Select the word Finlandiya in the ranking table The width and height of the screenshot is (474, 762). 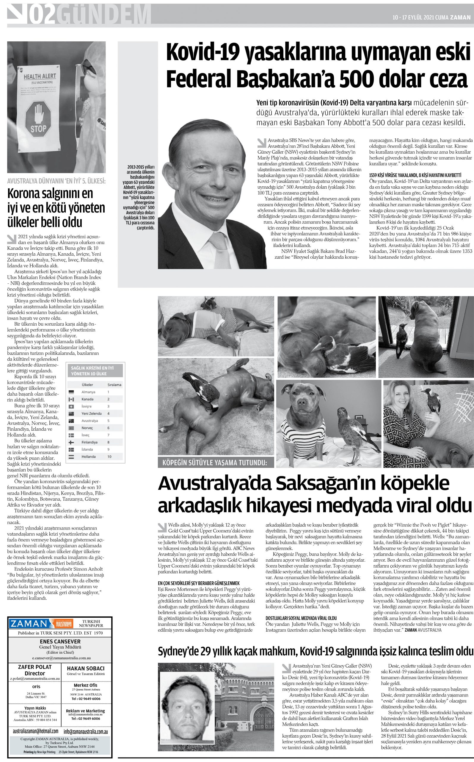click(x=89, y=442)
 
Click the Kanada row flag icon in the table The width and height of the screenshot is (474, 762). click(x=71, y=399)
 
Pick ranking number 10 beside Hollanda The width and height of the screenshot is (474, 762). click(x=109, y=456)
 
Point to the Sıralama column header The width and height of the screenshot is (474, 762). click(x=114, y=385)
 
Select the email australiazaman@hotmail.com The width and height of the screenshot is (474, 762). click(x=35, y=731)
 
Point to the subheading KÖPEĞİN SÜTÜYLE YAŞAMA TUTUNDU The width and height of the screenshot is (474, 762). click(x=215, y=462)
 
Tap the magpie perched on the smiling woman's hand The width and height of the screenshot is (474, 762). click(x=433, y=402)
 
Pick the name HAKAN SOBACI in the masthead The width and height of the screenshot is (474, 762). click(x=86, y=668)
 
